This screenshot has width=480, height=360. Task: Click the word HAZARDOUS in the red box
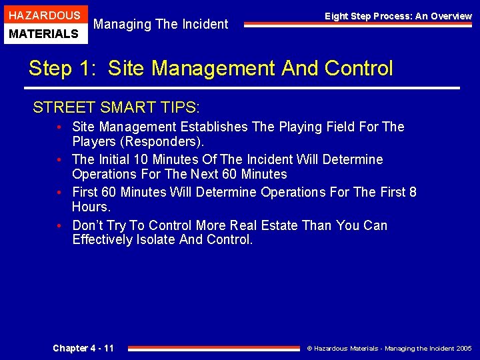click(44, 15)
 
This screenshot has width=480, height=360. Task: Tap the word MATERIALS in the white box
click(44, 33)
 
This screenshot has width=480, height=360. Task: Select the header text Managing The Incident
click(161, 25)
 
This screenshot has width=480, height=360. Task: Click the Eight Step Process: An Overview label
click(398, 16)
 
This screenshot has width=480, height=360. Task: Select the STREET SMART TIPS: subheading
click(117, 107)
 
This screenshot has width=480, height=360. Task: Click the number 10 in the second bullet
click(141, 159)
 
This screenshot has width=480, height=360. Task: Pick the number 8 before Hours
click(413, 193)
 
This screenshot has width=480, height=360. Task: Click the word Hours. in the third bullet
click(91, 207)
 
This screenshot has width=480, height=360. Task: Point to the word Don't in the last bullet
click(88, 225)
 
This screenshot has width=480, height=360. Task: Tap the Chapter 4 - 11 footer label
click(83, 348)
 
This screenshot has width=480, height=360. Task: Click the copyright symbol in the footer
click(309, 349)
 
